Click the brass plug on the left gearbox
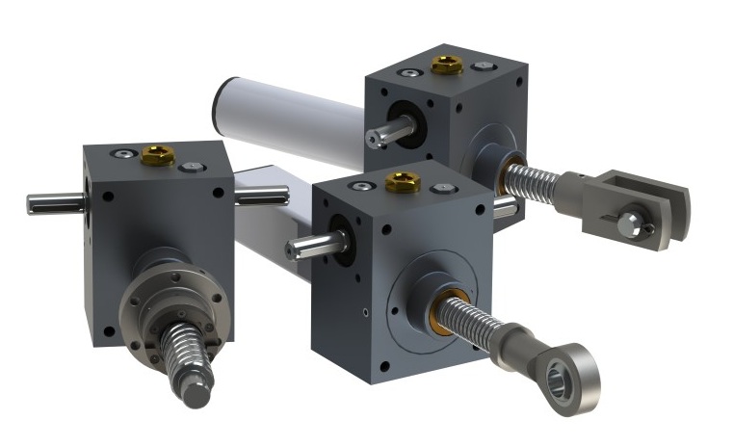157,155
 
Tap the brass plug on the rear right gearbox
446,66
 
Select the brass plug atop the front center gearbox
403,181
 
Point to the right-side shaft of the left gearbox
262,197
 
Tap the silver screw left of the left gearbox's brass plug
123,153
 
